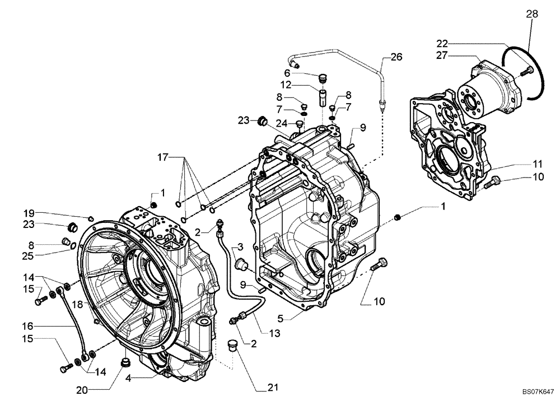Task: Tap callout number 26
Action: coord(396,57)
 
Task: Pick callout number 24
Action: coord(283,123)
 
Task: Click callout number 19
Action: coord(29,213)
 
